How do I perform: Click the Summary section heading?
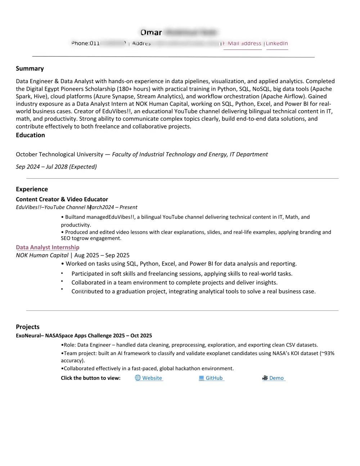(x=30, y=68)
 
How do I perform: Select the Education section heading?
(x=30, y=135)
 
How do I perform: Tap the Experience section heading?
(x=32, y=189)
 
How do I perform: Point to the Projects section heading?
(x=28, y=327)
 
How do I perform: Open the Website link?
(x=152, y=378)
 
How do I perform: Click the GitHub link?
(x=214, y=378)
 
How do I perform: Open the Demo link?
(x=276, y=378)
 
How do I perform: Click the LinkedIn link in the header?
(x=277, y=44)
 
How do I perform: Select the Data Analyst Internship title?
(x=48, y=247)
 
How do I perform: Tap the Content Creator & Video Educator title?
(x=62, y=199)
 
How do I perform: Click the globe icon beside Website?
(x=138, y=378)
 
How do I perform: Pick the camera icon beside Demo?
(x=265, y=378)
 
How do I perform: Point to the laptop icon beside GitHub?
(x=201, y=378)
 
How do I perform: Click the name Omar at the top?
(x=151, y=32)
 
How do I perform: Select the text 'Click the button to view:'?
(x=91, y=378)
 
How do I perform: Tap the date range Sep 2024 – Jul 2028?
(x=56, y=166)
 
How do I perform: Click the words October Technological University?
(x=59, y=154)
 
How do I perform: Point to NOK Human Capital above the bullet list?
(x=42, y=255)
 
